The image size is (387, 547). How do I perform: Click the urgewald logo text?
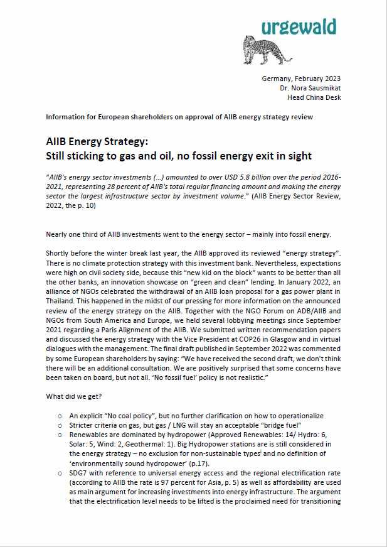[x=299, y=27]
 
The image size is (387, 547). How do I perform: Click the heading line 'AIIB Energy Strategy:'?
[x=97, y=141]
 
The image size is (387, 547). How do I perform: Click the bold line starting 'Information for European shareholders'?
[x=179, y=117]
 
